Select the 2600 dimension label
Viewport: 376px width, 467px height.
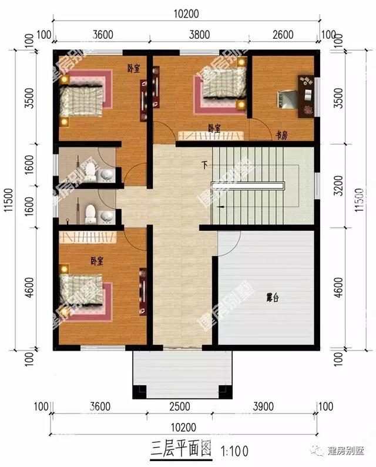(283, 34)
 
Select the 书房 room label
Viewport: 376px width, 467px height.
(281, 135)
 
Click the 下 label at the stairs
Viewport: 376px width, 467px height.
(204, 163)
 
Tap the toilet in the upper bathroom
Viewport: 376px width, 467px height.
(90, 172)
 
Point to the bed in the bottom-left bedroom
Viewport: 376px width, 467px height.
(82, 293)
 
